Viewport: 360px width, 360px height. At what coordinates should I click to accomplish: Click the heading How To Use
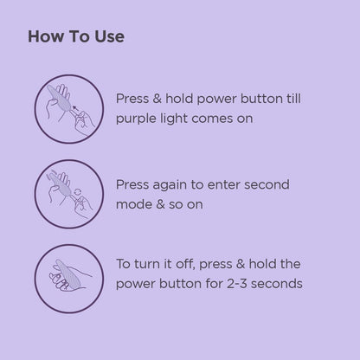click(76, 36)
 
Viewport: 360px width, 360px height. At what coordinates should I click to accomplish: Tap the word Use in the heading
click(110, 36)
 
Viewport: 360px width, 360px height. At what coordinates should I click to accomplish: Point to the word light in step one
click(173, 119)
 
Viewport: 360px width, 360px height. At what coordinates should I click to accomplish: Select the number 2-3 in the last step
click(237, 284)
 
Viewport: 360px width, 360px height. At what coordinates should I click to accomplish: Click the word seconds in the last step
click(277, 284)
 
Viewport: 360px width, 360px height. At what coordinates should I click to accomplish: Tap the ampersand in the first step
click(157, 99)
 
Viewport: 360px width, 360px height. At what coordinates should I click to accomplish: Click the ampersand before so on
click(160, 204)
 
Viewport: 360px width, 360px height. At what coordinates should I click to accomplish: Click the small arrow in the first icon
click(75, 109)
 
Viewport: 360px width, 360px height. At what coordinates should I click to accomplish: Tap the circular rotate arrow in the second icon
click(78, 192)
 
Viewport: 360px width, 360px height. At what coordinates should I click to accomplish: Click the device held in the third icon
click(67, 273)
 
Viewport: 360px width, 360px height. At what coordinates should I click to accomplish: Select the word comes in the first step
click(212, 119)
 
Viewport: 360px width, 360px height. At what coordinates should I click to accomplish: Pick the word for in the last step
click(214, 284)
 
